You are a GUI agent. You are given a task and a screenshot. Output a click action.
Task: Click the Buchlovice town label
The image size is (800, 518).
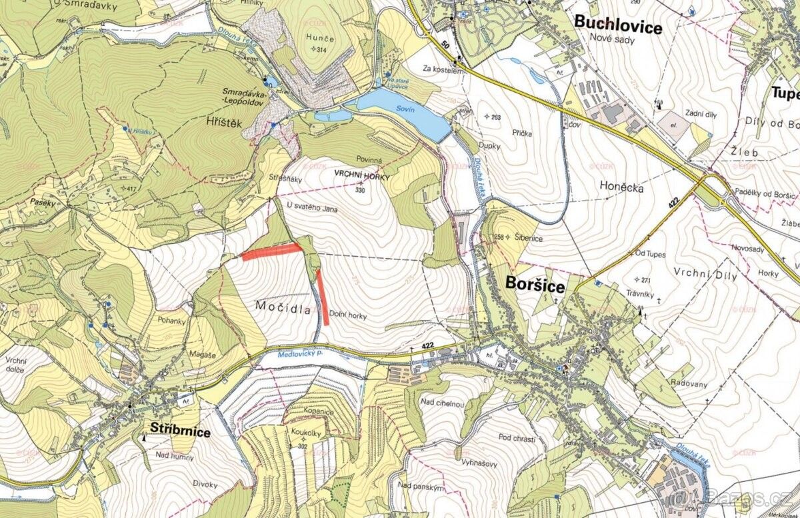(618, 27)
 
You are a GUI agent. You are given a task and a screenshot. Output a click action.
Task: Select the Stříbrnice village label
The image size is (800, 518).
(180, 432)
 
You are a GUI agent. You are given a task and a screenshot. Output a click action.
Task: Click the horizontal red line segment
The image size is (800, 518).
(271, 251)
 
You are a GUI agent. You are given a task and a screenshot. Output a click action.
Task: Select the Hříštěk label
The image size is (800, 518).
(222, 123)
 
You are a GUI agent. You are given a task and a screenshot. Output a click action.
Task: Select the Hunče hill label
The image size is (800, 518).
(317, 39)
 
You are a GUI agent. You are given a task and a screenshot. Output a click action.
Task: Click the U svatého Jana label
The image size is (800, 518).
(312, 209)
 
